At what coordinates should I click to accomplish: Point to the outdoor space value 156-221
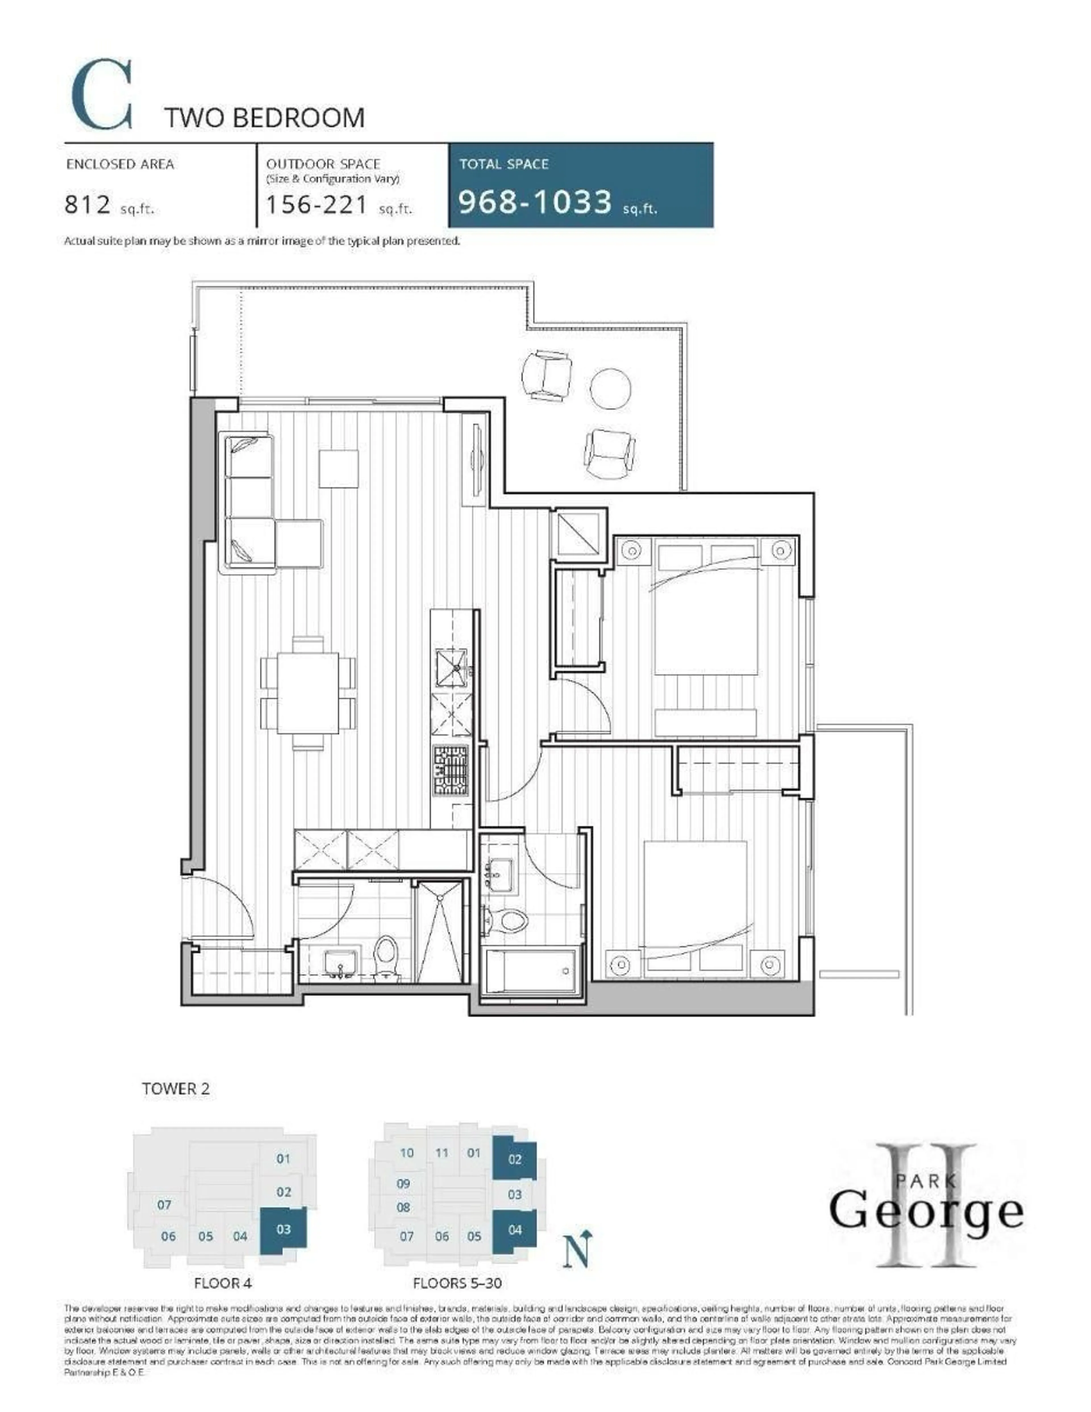(317, 205)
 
